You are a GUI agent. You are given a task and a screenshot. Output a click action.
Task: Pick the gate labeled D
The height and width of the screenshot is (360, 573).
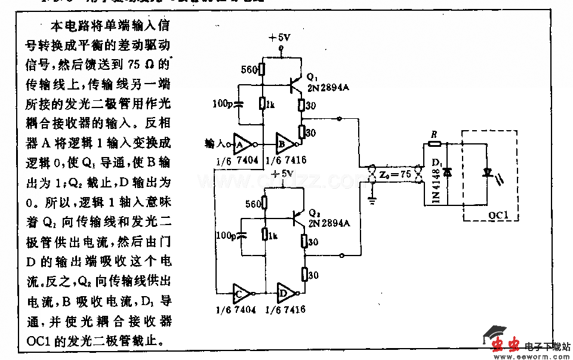point(285,294)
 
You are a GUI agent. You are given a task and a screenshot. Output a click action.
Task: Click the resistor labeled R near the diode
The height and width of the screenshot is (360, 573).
point(435,143)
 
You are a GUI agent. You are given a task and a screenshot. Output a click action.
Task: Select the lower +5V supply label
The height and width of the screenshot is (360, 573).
point(282,173)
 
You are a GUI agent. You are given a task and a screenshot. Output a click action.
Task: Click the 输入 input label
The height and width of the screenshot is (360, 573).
point(214,144)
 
